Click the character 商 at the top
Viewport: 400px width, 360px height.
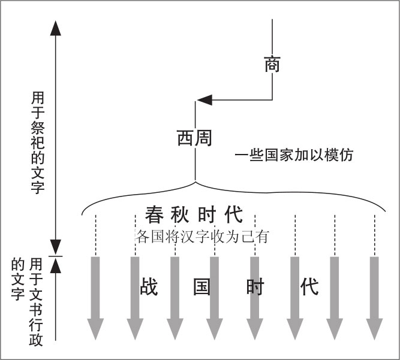[x=272, y=64]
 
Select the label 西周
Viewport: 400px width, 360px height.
[x=195, y=138]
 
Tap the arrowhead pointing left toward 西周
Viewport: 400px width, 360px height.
[x=205, y=100]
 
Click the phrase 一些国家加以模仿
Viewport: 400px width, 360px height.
[x=294, y=155]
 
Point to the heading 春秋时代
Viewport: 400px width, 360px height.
[x=194, y=214]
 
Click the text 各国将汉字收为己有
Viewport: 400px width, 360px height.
[x=202, y=237]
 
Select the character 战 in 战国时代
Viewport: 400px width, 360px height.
[x=149, y=286]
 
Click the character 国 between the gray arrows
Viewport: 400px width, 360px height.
[x=201, y=287]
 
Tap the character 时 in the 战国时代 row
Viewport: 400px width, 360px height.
[x=255, y=287]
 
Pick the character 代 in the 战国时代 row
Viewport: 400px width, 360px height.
[x=309, y=287]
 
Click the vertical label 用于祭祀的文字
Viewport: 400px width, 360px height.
[x=38, y=143]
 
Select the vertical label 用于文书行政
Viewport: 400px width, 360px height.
[x=36, y=302]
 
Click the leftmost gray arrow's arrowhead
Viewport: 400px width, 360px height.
[x=95, y=329]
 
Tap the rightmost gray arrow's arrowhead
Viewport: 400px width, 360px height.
[x=374, y=329]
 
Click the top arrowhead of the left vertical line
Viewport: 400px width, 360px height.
[x=56, y=28]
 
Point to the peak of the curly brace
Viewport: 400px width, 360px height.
[x=196, y=181]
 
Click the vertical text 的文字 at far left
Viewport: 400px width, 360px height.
[x=18, y=280]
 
